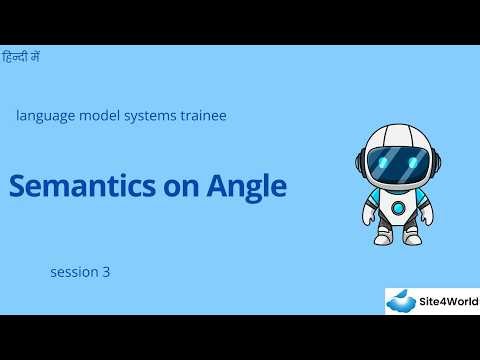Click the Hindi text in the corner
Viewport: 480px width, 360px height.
[x=22, y=58]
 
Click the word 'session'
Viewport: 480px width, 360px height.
[x=72, y=271]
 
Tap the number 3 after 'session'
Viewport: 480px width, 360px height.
[x=106, y=271]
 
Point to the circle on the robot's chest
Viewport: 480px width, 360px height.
[x=399, y=208]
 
